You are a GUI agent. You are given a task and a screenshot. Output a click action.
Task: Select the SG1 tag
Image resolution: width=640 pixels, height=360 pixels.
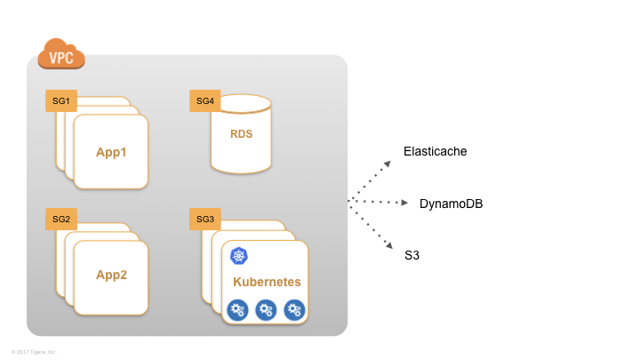[61, 101]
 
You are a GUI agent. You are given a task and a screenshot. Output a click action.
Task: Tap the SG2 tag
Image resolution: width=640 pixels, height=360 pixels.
[61, 219]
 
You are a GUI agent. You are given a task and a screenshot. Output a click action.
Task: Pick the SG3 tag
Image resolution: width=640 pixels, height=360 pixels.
[205, 219]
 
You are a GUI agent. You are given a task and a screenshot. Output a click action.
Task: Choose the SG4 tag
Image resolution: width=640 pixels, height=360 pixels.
[205, 101]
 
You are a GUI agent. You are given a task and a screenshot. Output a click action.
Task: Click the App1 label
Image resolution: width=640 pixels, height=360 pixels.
[112, 152]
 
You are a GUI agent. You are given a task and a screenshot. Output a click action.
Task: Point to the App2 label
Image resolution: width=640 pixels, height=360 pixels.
[112, 275]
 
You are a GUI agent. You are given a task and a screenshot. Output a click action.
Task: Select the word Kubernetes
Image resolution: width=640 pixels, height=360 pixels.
[267, 282]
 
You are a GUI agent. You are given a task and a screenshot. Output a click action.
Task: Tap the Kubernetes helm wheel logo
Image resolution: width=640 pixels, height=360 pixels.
[238, 257]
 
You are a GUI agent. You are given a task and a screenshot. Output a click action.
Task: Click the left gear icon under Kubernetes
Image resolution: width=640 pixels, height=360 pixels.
[237, 309]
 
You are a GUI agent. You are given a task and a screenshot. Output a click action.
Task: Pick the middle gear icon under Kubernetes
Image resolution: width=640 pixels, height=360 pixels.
[266, 309]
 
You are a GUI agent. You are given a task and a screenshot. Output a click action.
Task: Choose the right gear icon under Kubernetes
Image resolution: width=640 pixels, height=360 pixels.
[294, 309]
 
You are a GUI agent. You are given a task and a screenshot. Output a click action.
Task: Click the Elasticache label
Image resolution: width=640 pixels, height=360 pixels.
[435, 152]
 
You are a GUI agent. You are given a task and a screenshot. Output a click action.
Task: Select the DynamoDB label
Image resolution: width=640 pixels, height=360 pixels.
[451, 204]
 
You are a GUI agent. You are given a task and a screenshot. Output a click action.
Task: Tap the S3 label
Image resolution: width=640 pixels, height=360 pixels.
[412, 256]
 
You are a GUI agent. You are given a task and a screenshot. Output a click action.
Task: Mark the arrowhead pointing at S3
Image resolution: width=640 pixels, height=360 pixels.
[388, 244]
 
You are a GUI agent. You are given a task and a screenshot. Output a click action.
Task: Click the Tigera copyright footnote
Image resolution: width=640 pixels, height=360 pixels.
[34, 352]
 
